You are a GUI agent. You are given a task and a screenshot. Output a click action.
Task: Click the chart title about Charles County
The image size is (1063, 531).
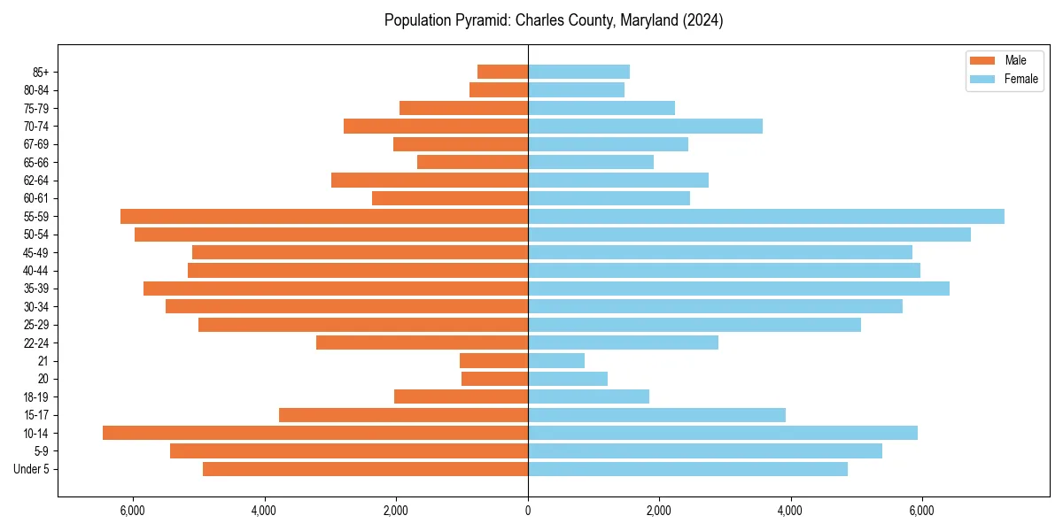pos(554,20)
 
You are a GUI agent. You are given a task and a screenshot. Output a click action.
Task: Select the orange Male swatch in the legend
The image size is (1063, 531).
pos(983,60)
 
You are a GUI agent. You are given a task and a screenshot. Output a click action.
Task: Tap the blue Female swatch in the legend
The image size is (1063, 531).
pos(983,79)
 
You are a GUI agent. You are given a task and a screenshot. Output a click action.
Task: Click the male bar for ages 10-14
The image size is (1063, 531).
pos(315,433)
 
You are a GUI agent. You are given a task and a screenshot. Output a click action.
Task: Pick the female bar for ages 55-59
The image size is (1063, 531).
pos(766,216)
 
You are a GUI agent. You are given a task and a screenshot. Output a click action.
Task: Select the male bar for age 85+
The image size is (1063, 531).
pos(502,72)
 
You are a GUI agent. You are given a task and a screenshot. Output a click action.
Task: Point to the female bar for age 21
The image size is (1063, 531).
pos(556,360)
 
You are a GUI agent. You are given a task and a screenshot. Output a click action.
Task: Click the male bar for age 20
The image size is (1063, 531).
pos(494,379)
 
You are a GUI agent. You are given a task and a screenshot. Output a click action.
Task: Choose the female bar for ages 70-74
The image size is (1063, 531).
pos(645,126)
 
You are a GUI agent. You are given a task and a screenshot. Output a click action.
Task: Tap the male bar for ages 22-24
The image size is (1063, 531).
pos(422,342)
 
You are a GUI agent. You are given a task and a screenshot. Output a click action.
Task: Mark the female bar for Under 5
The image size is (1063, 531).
pos(687,469)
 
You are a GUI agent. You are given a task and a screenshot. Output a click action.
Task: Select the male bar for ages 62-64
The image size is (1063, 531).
pos(430,180)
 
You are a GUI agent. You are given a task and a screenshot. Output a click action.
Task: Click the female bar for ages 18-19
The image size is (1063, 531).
pos(588,396)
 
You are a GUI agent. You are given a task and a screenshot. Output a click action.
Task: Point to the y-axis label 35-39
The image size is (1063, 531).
pos(36,289)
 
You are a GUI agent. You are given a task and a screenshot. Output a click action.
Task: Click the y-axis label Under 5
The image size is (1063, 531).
pos(32,469)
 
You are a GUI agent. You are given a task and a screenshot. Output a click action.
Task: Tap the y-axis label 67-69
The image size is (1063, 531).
pos(36,144)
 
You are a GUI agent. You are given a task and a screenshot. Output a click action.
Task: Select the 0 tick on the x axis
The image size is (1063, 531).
pos(528,510)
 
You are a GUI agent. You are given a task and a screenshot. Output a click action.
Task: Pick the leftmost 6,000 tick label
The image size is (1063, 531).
pos(133,510)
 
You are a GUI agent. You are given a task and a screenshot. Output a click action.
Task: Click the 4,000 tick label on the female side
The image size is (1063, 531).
pos(790,510)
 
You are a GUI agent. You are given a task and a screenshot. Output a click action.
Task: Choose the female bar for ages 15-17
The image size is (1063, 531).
pos(656,415)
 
